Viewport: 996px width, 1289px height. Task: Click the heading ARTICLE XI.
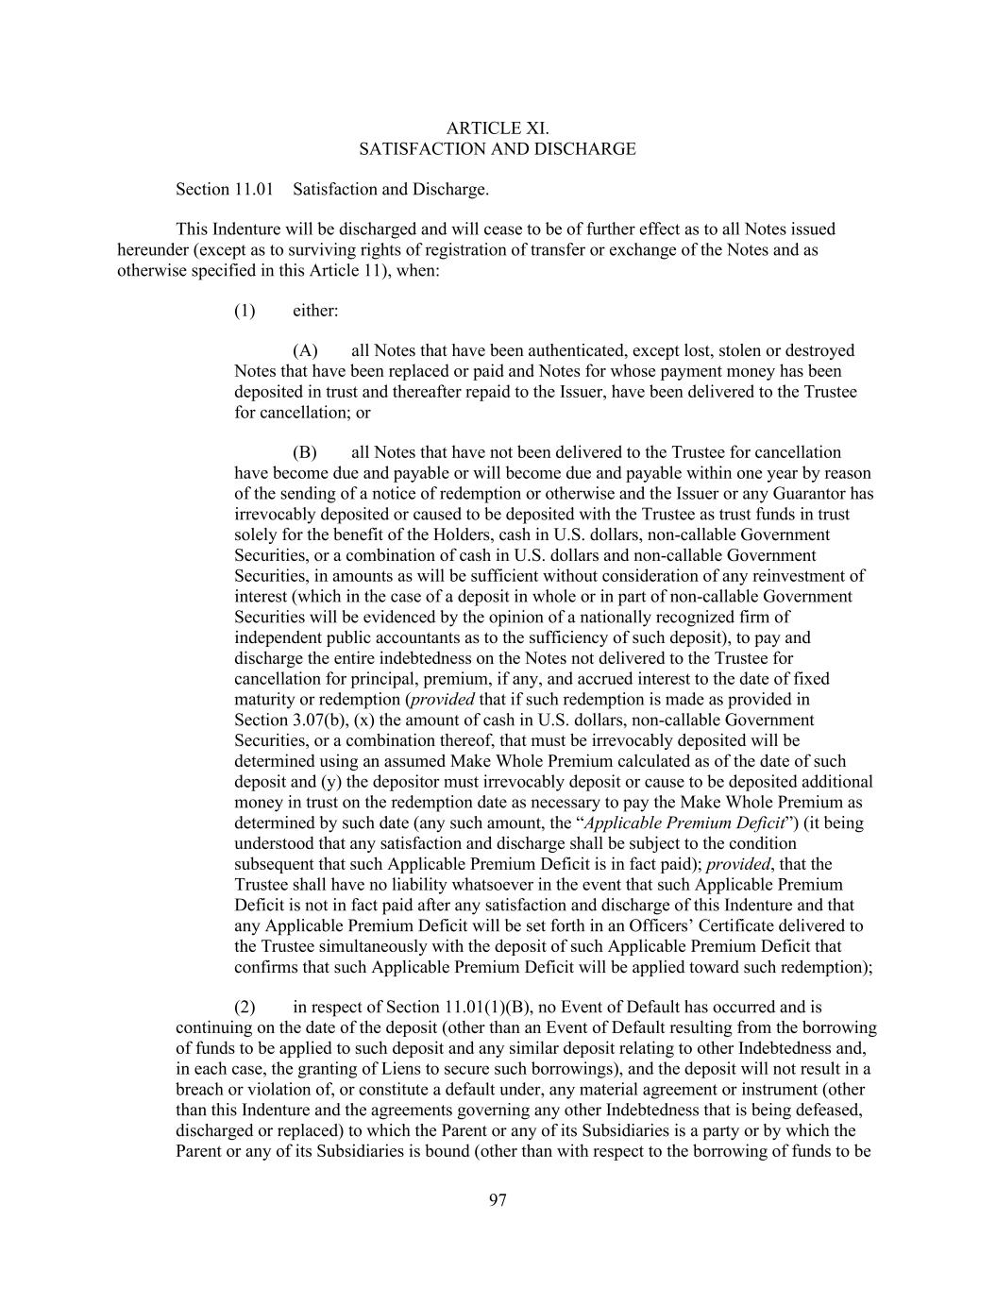pos(497,128)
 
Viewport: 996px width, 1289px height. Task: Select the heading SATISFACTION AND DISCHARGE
pos(497,149)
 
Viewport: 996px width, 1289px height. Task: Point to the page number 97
pos(498,1200)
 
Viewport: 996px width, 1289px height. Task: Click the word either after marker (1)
pos(315,311)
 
